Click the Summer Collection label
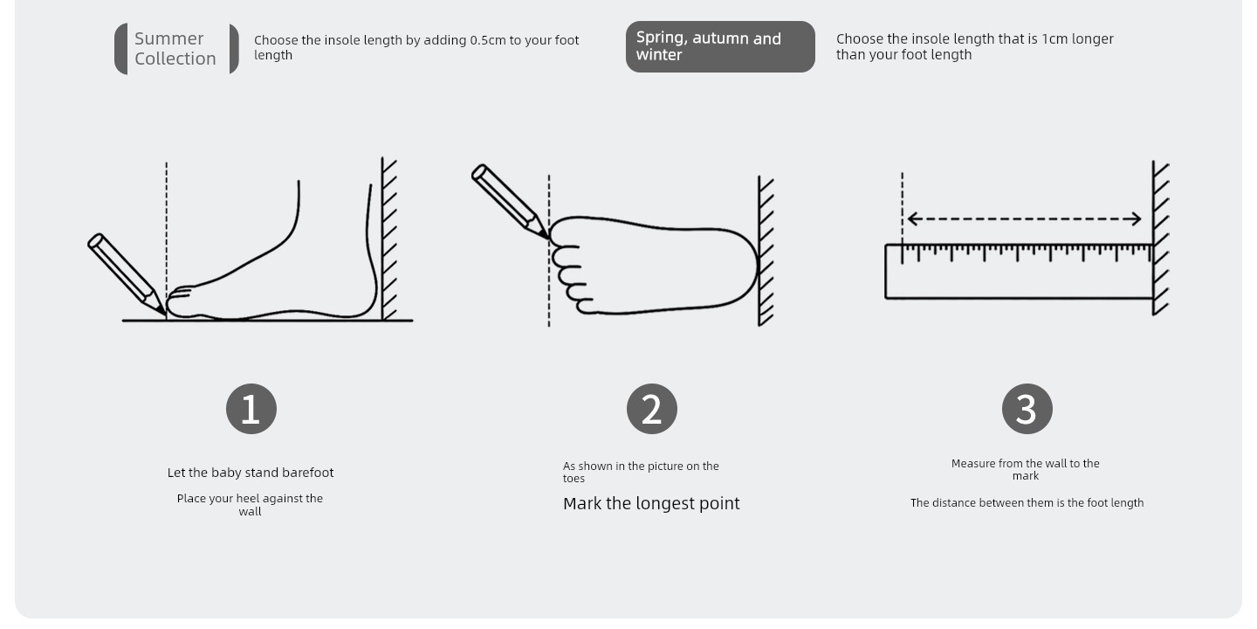pyautogui.click(x=176, y=48)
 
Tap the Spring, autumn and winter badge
pyautogui.click(x=720, y=46)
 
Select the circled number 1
pyautogui.click(x=251, y=409)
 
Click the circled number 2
pyautogui.click(x=651, y=409)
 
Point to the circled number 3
pyautogui.click(x=1027, y=409)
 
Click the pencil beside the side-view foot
pyautogui.click(x=126, y=273)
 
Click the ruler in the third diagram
pyautogui.click(x=1019, y=271)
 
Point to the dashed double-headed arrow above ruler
pyautogui.click(x=1024, y=219)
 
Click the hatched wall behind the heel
pyautogui.click(x=388, y=238)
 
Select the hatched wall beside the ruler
pyautogui.click(x=1160, y=238)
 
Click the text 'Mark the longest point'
pyautogui.click(x=651, y=503)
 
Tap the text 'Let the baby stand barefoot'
pyautogui.click(x=251, y=473)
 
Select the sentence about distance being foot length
pyautogui.click(x=1027, y=502)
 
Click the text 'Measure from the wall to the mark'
pyautogui.click(x=1025, y=469)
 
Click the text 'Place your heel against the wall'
pyautogui.click(x=250, y=505)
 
